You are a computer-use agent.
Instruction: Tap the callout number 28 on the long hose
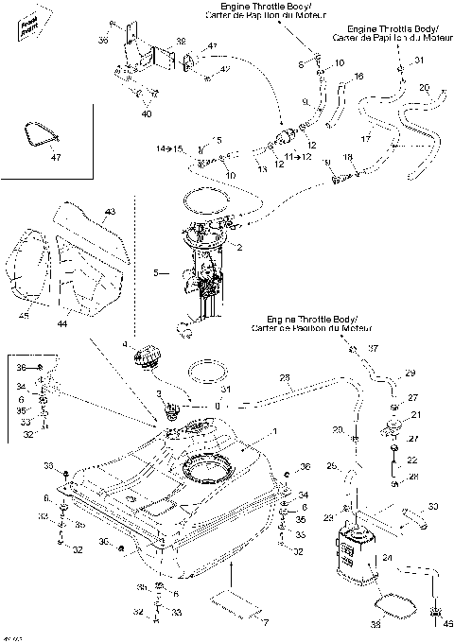[x=285, y=379]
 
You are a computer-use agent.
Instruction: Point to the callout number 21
[x=413, y=415]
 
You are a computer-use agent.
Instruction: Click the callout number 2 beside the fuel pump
[x=239, y=248]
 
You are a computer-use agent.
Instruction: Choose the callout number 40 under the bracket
[x=146, y=114]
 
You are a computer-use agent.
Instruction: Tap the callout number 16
[x=358, y=75]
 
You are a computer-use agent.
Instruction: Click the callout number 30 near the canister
[x=433, y=507]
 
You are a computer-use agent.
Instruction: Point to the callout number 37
[x=372, y=348]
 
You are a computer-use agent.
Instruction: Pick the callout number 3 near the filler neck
[x=160, y=390]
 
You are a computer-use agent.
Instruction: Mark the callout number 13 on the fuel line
[x=262, y=169]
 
